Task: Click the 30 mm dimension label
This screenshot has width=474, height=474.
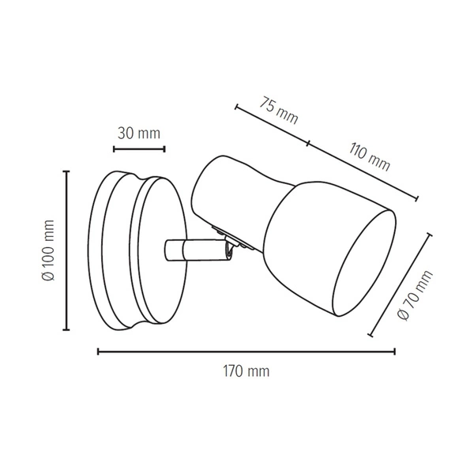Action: [x=139, y=134]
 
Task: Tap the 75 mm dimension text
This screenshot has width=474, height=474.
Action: [x=279, y=111]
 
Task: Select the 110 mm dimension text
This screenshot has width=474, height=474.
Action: [x=370, y=157]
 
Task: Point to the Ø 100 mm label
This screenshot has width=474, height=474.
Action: [x=48, y=250]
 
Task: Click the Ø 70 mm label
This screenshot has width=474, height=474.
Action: [x=415, y=295]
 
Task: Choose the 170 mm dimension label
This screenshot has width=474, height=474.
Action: [x=246, y=371]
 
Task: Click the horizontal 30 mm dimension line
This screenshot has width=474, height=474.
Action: [x=139, y=149]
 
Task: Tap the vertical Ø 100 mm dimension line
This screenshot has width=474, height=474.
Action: [x=66, y=250]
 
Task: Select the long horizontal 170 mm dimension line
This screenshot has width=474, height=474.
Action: [x=246, y=352]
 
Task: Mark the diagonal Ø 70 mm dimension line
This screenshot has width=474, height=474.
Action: [x=401, y=284]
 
